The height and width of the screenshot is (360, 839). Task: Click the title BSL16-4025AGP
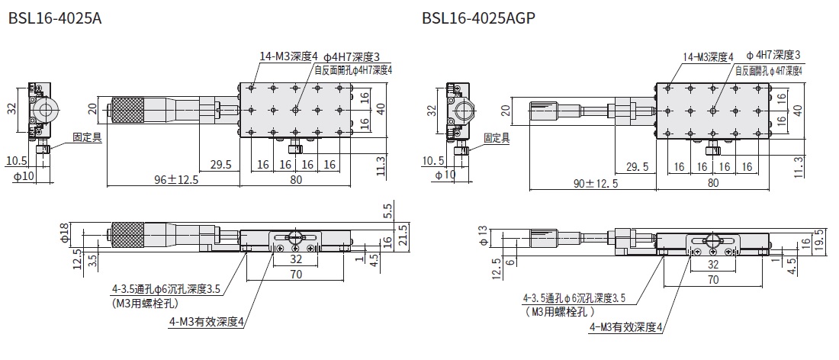[478, 17]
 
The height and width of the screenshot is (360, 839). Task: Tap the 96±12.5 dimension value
[172, 180]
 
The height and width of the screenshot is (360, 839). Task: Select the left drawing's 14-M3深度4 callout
[289, 56]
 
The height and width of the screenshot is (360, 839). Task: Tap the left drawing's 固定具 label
[86, 139]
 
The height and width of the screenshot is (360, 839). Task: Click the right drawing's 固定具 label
[497, 138]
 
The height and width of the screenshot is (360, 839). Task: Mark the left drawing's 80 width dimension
[296, 180]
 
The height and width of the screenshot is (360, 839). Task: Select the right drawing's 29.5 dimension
[637, 167]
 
